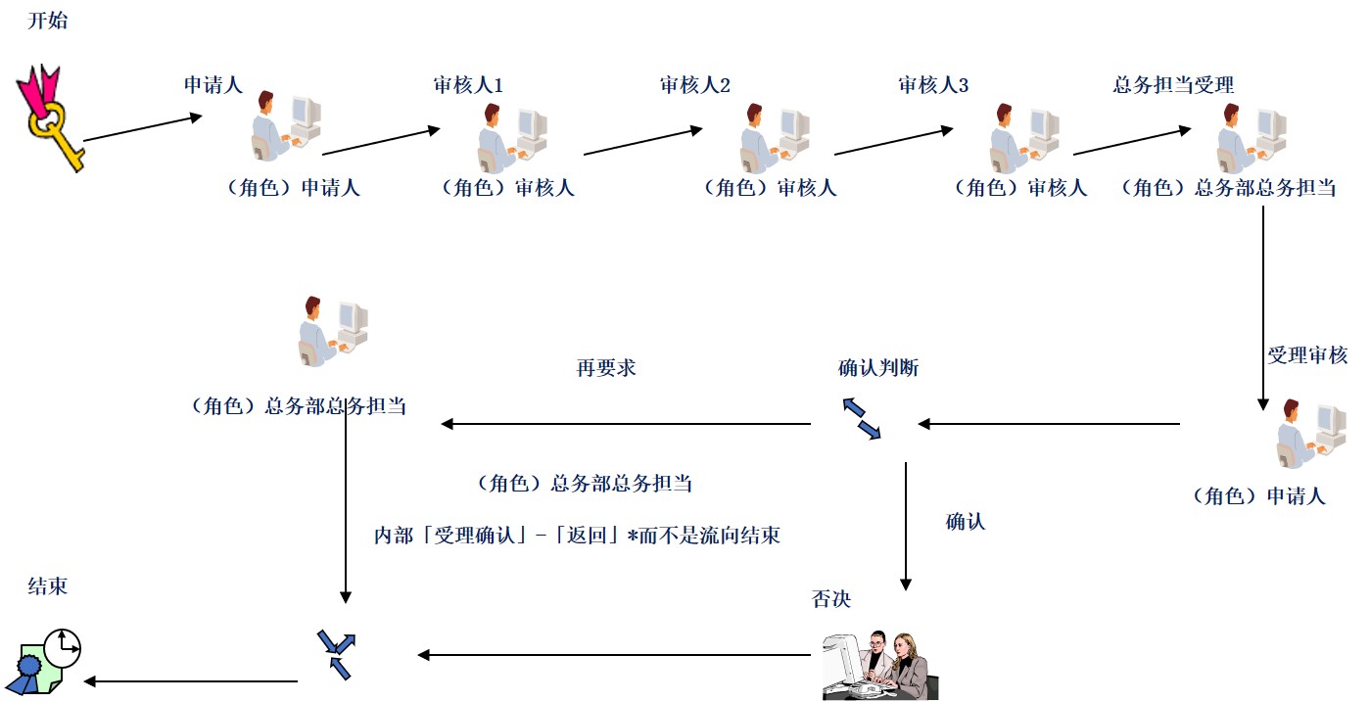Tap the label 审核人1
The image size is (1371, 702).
468,85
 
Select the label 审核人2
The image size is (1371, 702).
694,85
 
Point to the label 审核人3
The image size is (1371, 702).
933,85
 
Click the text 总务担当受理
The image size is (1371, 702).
1173,85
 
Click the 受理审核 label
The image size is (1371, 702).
1307,355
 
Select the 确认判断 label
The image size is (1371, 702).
878,368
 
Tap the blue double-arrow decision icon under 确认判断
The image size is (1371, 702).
862,419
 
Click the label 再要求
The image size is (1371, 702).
606,368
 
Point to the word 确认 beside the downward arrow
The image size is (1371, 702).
966,522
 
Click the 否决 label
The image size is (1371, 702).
831,599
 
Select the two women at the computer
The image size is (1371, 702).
879,665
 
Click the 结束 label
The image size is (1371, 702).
48,586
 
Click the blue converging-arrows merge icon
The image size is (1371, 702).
336,654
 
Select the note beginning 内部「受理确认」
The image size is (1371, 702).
577,536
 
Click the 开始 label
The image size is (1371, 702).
48,21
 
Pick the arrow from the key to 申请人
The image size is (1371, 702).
143,129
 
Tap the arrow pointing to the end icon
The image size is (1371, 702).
191,681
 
